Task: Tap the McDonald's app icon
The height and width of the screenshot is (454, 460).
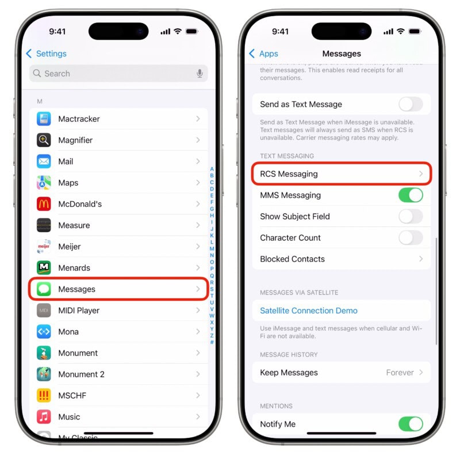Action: pos(44,204)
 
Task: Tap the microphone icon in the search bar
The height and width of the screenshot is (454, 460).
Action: pos(200,74)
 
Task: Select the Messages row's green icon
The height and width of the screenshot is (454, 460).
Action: pos(44,289)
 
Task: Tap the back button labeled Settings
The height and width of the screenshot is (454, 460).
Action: pos(47,54)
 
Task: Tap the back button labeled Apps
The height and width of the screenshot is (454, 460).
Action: pos(264,54)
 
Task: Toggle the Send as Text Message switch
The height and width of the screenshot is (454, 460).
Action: pos(411,104)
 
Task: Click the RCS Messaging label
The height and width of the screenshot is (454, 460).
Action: pos(289,174)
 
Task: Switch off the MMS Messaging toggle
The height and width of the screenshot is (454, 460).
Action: pos(411,195)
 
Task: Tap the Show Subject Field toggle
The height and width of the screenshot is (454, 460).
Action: pos(411,217)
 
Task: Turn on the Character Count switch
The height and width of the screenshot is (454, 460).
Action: pos(411,238)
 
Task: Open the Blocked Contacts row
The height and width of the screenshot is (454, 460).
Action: pos(341,259)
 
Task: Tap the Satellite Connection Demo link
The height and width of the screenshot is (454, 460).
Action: pos(309,311)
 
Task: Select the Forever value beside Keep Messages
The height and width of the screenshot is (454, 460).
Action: pos(400,373)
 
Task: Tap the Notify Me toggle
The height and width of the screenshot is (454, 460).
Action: pos(411,424)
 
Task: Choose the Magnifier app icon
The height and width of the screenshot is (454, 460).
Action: pos(44,140)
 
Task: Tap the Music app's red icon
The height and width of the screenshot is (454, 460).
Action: pos(44,417)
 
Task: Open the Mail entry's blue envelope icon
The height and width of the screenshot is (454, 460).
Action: pos(44,161)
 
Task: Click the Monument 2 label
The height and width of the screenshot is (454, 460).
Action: pos(81,374)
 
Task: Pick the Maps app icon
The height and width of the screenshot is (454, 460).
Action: pos(44,183)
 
